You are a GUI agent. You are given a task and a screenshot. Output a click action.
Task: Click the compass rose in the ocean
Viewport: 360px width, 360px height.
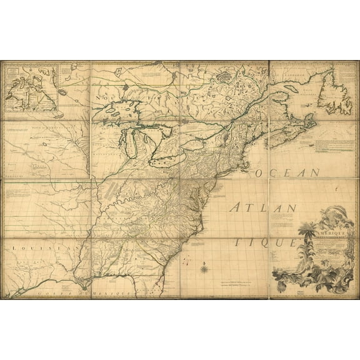click(203, 269)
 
